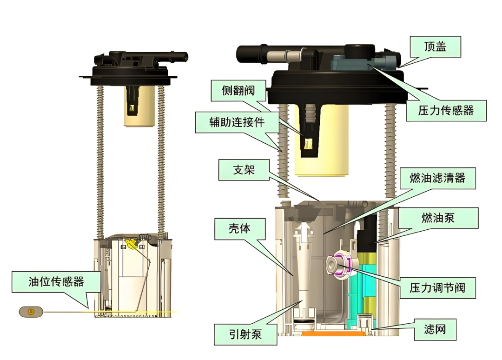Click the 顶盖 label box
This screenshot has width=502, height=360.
click(436, 47)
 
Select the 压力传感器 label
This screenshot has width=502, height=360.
click(446, 111)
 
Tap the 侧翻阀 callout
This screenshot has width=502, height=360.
click(238, 90)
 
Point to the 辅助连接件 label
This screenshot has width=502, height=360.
click(237, 122)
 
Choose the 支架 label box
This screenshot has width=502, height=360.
click(244, 170)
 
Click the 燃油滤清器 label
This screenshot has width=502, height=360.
click(438, 178)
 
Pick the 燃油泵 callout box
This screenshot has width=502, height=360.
click(438, 218)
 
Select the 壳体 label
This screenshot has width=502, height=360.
click(240, 229)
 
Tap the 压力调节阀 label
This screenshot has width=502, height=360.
click(438, 288)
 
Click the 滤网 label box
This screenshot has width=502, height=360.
click(435, 329)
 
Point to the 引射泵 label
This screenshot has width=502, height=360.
click(245, 334)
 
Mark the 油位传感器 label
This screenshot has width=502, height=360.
click(56, 282)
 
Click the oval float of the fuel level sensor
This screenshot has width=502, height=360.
click(31, 312)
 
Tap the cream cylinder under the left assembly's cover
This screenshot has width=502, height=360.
click(139, 106)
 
